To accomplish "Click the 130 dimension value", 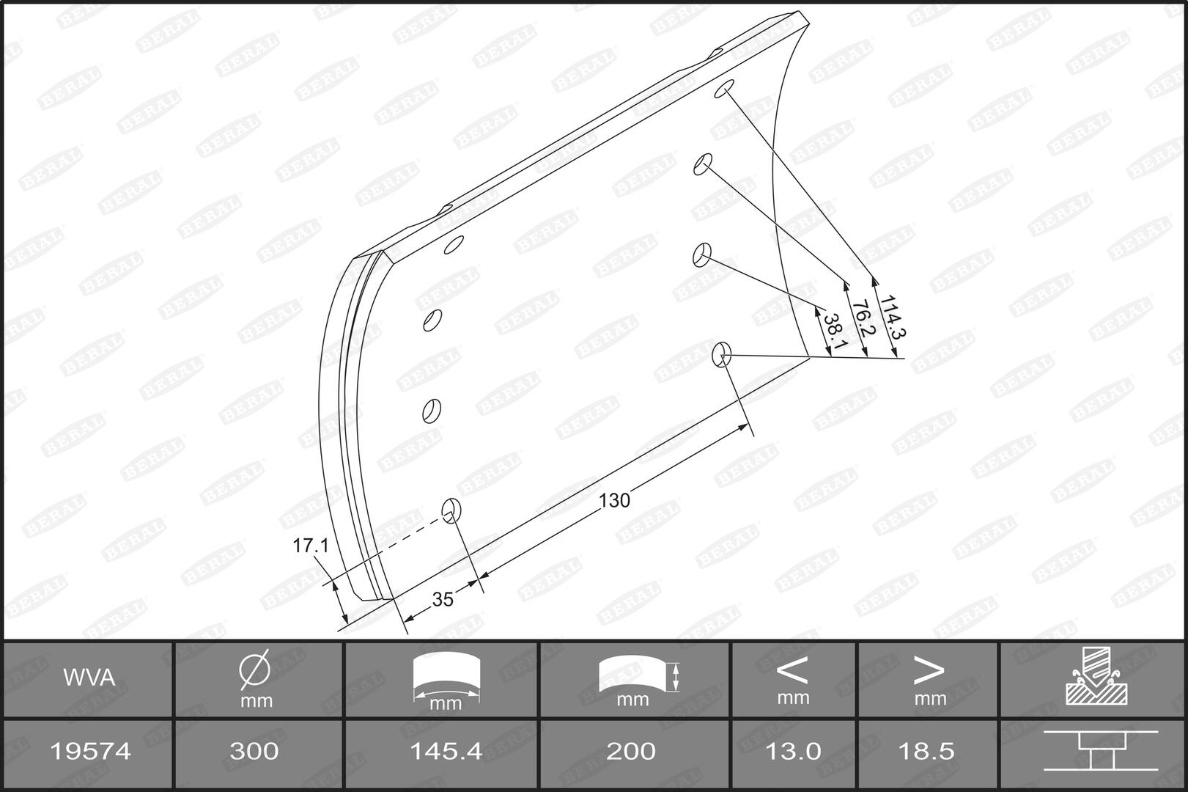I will coord(614,500).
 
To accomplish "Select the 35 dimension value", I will coord(443,599).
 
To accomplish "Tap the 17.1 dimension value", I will coord(311,546).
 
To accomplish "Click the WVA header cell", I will coord(89,678).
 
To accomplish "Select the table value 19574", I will coord(89,751).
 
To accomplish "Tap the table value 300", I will coord(254,751).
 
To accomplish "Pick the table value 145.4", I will coord(446,751).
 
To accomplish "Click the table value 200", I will coord(632,751).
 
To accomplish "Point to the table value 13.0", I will coord(793,751).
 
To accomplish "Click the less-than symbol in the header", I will coord(792,669).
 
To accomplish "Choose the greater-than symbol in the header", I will coord(928,669).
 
